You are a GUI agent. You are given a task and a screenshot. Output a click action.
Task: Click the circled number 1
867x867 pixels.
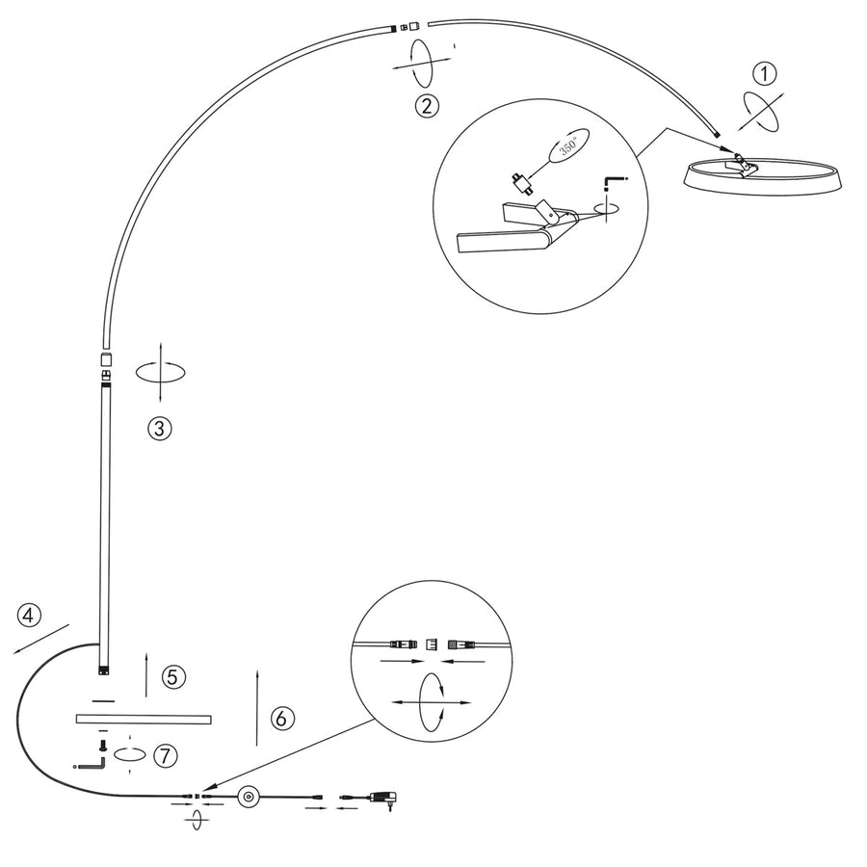coord(765,73)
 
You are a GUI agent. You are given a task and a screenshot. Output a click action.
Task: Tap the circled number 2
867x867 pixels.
coord(427,106)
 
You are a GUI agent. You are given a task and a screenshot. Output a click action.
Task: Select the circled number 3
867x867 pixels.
coord(160,429)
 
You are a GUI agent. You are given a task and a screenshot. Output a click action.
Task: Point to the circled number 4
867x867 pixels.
coord(29,616)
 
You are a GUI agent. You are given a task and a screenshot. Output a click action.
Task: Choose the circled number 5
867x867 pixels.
coord(173,677)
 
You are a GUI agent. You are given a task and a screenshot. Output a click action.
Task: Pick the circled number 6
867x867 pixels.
coord(282,719)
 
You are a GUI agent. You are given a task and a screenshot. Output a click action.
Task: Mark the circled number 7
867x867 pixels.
coord(166,756)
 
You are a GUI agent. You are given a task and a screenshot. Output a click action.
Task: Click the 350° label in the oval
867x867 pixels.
coord(569,146)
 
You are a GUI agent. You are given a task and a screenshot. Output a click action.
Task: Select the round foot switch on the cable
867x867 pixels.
coord(249,797)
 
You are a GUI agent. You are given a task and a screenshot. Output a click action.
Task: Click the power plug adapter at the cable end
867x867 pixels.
coord(383,799)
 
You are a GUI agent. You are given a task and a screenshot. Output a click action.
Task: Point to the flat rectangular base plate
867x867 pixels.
coord(144,719)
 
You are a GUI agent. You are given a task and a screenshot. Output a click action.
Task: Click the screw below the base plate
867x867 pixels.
coord(102,746)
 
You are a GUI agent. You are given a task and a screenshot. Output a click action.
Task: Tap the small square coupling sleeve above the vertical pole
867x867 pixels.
coord(106,359)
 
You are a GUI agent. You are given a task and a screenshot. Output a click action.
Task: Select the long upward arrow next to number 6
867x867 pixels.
coord(257,708)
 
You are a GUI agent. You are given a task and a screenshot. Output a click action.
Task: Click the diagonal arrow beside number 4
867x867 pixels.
coord(40,639)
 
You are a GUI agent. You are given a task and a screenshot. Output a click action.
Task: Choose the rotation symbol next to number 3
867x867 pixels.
coord(160,372)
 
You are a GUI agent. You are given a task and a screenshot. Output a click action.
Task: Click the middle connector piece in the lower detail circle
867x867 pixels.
coord(432,644)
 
